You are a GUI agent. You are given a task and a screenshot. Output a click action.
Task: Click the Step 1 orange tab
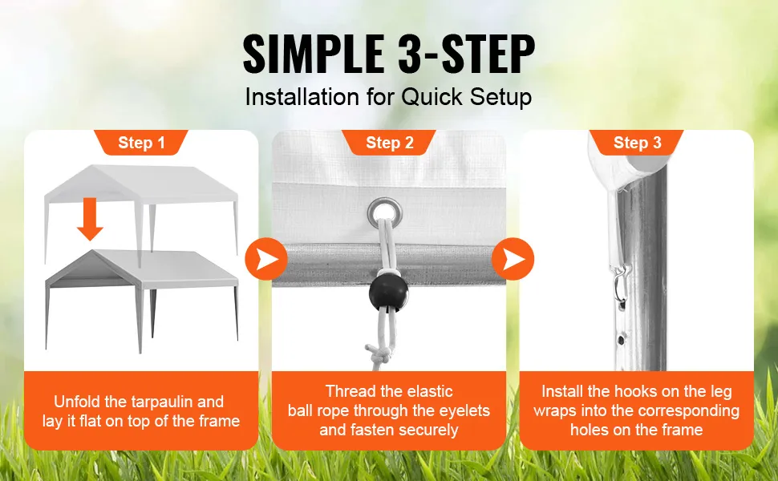(141, 143)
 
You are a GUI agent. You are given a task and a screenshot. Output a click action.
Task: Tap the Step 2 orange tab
(389, 143)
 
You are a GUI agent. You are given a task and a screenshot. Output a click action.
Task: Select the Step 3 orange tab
(637, 143)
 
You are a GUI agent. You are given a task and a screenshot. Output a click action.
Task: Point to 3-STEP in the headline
(466, 54)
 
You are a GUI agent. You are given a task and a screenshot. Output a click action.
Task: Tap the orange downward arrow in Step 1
(90, 219)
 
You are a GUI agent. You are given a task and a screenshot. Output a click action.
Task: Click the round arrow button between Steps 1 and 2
(266, 259)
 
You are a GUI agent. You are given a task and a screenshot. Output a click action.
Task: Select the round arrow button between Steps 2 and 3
(513, 259)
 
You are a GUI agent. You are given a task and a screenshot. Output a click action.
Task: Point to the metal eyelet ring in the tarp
(384, 212)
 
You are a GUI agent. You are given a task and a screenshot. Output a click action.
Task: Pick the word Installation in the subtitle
(302, 97)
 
